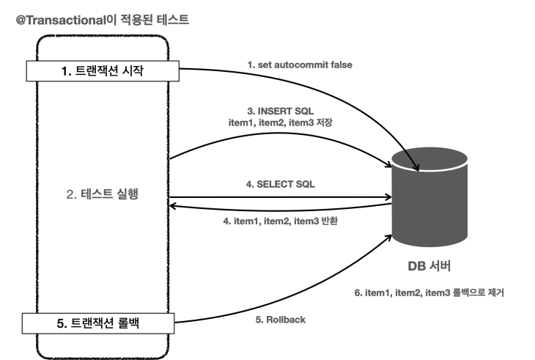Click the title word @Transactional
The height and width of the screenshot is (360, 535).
coord(62,21)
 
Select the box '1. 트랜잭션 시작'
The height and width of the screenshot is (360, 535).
coord(103,71)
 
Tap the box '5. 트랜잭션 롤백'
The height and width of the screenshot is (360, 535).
coord(98,323)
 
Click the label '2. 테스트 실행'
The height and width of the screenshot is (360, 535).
coord(103,194)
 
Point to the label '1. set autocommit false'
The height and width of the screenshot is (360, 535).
coord(300,65)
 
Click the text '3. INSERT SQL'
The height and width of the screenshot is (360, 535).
coord(281,111)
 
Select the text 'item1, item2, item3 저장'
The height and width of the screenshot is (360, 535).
coord(281,122)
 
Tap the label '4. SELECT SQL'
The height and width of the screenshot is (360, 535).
coord(281,184)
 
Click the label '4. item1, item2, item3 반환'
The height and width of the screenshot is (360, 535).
coord(281,221)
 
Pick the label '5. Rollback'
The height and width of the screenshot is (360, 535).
coord(281,320)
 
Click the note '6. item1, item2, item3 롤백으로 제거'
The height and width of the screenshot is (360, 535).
coord(429,293)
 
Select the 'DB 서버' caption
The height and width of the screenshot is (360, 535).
coord(429,266)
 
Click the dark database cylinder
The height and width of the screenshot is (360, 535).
coord(429,197)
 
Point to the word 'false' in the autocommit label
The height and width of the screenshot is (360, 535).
coord(342,65)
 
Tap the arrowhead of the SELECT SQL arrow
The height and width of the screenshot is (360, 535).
coord(389,197)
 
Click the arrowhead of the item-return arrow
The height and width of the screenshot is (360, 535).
coord(173,206)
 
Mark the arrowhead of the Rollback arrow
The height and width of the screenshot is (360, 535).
coord(388,237)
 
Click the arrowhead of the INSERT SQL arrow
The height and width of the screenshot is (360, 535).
coord(388,165)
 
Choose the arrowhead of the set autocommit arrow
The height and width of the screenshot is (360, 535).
coord(416,167)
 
